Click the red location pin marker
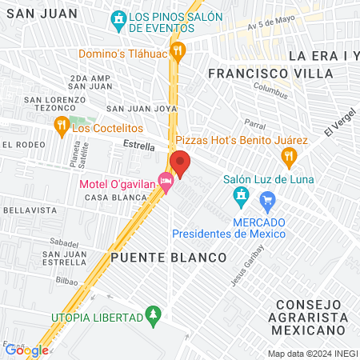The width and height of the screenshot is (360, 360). click(x=179, y=164)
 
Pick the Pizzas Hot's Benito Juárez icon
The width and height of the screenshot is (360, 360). click(x=293, y=155)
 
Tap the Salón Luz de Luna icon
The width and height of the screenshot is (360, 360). click(x=241, y=195)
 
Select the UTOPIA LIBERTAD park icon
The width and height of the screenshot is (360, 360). click(x=153, y=318)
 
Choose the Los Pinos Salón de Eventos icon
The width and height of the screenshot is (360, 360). click(x=118, y=18)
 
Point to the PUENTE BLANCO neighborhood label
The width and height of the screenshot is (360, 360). click(x=169, y=258)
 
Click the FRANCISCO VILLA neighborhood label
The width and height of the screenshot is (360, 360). click(x=270, y=73)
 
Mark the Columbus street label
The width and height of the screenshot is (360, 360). click(x=270, y=90)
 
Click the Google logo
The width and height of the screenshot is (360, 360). click(x=26, y=350)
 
